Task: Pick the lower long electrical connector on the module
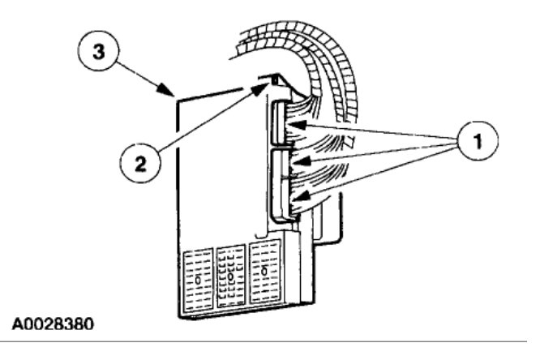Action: (x=279, y=182)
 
